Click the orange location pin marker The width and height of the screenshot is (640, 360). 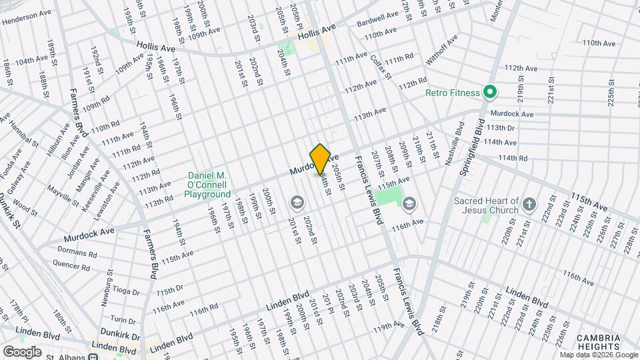pyautogui.click(x=321, y=159)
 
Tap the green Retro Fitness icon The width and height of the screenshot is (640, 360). pyautogui.click(x=489, y=93)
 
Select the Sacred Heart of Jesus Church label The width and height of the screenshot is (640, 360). pyautogui.click(x=486, y=205)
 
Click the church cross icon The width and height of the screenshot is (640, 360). pyautogui.click(x=530, y=204)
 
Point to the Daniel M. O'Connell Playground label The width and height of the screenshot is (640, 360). pyautogui.click(x=207, y=185)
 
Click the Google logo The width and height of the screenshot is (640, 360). pyautogui.click(x=22, y=351)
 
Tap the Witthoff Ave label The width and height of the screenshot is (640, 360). pyautogui.click(x=442, y=49)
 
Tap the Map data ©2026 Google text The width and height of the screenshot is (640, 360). pyautogui.click(x=599, y=355)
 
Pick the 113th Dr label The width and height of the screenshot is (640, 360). pyautogui.click(x=501, y=128)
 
